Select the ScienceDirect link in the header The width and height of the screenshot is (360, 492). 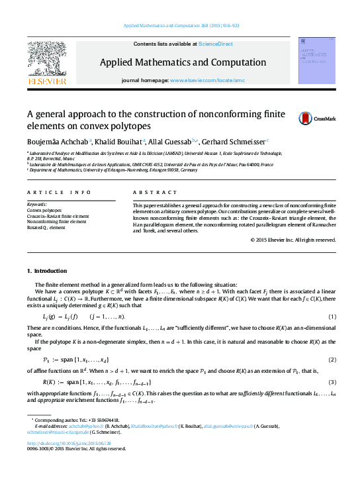[216, 44]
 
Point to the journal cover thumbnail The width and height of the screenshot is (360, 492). [316, 61]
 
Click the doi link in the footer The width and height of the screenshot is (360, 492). [68, 443]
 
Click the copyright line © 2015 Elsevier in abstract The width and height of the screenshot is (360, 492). [293, 239]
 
